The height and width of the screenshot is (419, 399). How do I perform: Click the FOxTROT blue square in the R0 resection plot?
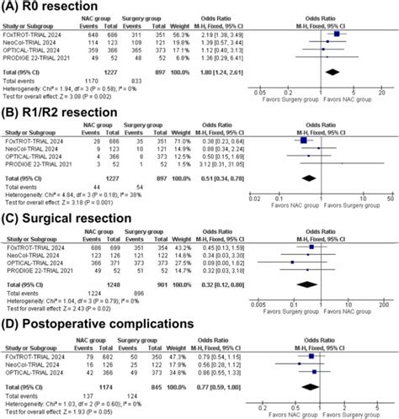pos(338,34)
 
